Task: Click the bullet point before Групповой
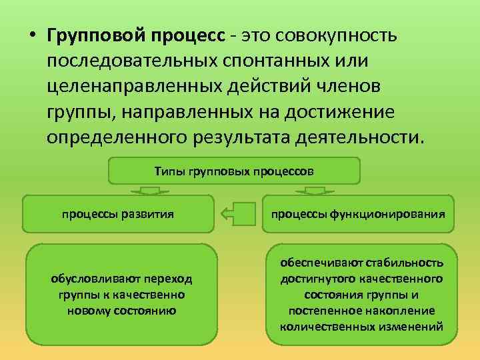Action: coord(32,34)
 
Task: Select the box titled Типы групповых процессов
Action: coord(234,171)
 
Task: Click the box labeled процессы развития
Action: coord(118,214)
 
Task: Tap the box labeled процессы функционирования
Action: coord(359,214)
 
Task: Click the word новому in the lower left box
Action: coord(87,311)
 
